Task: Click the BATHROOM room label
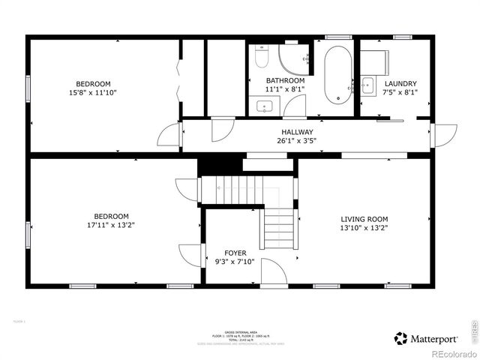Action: point(285,81)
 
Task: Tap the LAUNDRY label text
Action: point(400,84)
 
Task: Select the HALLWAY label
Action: point(298,132)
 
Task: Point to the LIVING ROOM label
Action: point(364,218)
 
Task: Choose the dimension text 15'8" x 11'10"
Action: point(93,92)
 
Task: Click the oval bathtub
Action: point(338,75)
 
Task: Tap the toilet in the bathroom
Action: point(261,56)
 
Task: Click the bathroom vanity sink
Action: point(265,106)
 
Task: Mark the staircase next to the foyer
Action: point(280,225)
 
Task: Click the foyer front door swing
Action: point(276,271)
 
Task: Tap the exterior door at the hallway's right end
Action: point(445,136)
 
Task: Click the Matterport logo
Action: point(424,338)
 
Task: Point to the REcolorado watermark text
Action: point(451,354)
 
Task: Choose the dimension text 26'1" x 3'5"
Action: point(298,140)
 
